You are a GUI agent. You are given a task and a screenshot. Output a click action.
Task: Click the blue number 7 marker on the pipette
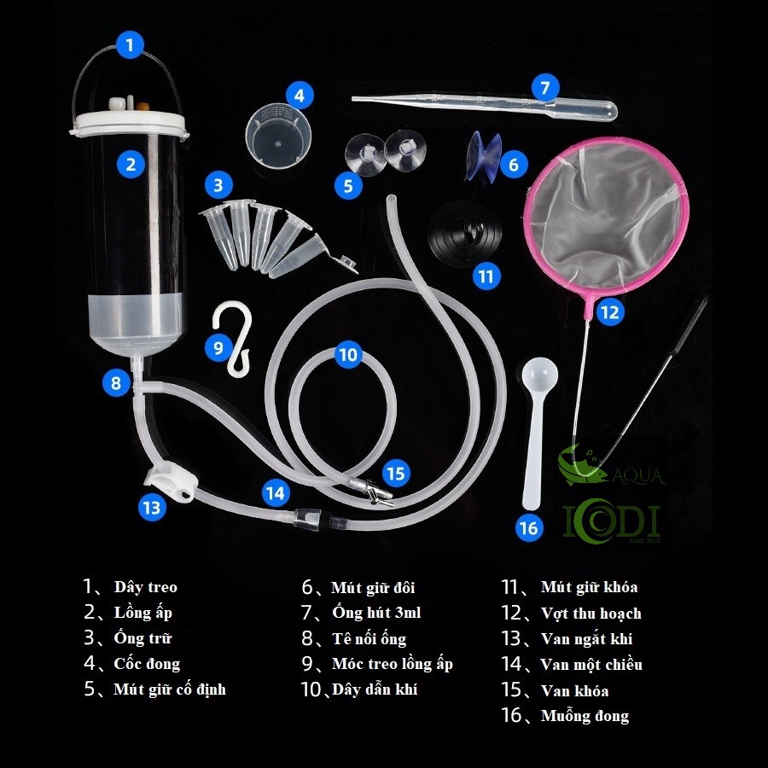(x=545, y=88)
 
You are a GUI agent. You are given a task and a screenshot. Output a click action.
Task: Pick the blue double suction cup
(x=485, y=155)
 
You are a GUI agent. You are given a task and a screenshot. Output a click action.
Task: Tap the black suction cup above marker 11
(x=465, y=234)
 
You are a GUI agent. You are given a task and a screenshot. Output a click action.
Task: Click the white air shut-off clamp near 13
(x=172, y=484)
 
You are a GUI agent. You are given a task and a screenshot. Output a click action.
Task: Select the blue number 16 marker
(x=529, y=528)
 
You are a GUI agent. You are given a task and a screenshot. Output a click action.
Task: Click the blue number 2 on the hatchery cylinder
(x=131, y=164)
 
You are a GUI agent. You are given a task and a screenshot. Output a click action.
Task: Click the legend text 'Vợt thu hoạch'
(x=591, y=614)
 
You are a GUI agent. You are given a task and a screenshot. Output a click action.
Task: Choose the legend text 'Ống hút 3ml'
(x=376, y=612)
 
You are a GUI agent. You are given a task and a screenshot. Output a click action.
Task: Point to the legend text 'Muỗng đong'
(x=585, y=716)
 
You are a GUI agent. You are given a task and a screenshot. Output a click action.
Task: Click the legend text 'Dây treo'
(x=145, y=587)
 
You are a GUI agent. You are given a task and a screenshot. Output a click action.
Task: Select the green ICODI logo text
(x=612, y=521)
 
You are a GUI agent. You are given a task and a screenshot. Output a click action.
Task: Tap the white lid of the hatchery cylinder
(x=128, y=122)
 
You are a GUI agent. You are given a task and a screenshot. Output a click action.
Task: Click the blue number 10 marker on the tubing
(x=348, y=354)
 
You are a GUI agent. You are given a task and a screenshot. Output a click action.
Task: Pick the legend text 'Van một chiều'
(x=591, y=665)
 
